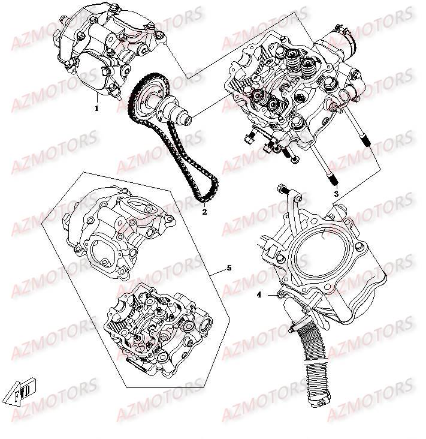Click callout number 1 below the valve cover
[x=96, y=109]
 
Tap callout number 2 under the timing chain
[x=204, y=211]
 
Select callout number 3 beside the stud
[x=336, y=194]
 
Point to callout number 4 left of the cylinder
[x=259, y=294]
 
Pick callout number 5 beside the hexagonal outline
[x=228, y=268]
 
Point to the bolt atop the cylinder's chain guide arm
[x=280, y=190]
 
